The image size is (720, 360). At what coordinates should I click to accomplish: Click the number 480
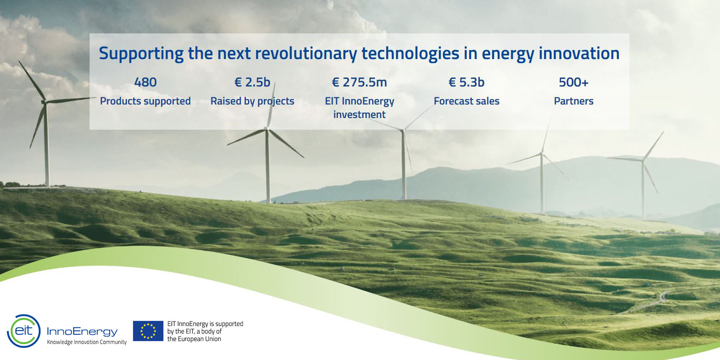tap(145, 82)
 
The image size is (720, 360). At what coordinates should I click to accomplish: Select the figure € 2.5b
tap(252, 82)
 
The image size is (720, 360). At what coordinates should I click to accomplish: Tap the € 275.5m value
tap(360, 82)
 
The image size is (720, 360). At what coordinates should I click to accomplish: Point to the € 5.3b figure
tap(467, 82)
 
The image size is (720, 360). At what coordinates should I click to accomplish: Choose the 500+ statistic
tap(573, 82)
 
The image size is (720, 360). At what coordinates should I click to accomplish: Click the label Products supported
tap(145, 101)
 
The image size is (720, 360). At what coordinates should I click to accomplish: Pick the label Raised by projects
tap(252, 101)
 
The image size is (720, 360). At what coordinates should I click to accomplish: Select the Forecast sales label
tap(467, 101)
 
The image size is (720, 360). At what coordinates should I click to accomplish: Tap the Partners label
tap(573, 101)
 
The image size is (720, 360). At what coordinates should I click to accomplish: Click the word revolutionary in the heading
tap(306, 54)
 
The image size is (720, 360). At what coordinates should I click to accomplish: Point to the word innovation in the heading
tap(579, 53)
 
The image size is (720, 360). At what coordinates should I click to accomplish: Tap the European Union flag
tap(148, 331)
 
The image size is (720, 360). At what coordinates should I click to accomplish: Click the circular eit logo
tap(24, 331)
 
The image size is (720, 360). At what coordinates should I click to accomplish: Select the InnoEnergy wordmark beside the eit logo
tap(82, 332)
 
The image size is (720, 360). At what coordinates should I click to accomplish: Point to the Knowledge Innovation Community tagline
tap(87, 342)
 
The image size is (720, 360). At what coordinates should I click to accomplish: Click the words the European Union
tap(194, 339)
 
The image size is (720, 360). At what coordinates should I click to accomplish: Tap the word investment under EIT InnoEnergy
tap(360, 115)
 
